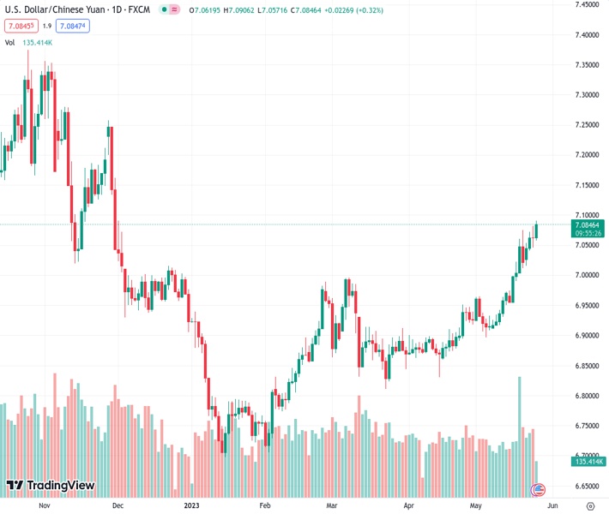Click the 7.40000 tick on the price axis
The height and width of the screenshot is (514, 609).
pyautogui.click(x=587, y=35)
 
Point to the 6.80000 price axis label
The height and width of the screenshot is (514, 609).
pyautogui.click(x=587, y=396)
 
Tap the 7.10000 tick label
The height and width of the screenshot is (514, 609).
pyautogui.click(x=587, y=215)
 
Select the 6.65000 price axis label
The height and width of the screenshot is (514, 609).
pyautogui.click(x=587, y=486)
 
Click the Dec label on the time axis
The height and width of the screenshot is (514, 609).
pyautogui.click(x=118, y=506)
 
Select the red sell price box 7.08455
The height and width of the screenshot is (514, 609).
pyautogui.click(x=21, y=26)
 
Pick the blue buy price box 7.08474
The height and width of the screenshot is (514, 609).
pyautogui.click(x=73, y=26)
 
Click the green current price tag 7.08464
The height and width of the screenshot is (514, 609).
pyautogui.click(x=587, y=224)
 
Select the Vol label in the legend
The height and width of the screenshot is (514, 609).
pyautogui.click(x=10, y=42)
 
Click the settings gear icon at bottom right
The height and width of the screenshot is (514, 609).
pyautogui.click(x=590, y=506)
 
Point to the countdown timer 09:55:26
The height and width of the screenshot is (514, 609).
pyautogui.click(x=587, y=233)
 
